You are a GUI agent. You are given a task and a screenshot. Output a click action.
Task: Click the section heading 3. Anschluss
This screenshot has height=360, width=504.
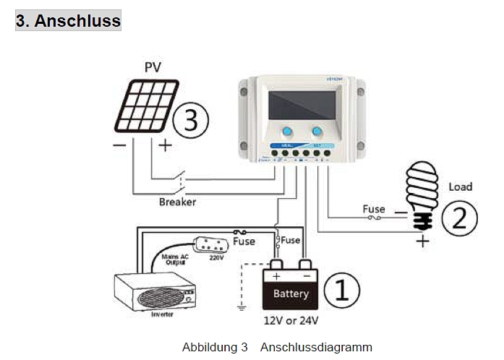coord(68,20)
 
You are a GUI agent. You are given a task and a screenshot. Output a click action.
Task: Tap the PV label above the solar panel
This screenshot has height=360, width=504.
coord(153,68)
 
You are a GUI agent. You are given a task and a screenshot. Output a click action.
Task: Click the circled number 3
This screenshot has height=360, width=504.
coord(190,120)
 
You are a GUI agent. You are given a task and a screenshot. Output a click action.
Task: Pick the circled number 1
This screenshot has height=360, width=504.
coord(339,290)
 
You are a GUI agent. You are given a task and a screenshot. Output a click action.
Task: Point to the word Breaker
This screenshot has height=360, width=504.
coord(178,202)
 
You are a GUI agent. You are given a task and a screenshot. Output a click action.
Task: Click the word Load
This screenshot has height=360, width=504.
coord(460,187)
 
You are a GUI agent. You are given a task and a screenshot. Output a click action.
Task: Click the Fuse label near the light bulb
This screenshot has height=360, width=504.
coord(374,210)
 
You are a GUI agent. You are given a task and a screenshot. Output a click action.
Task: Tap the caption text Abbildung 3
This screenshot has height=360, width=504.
coord(215,347)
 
